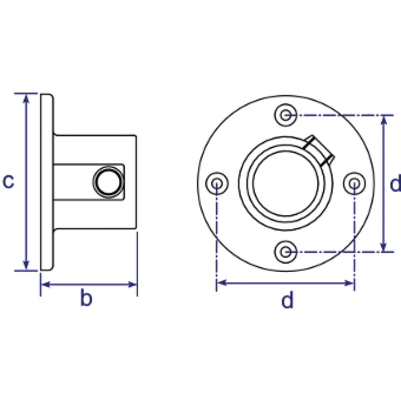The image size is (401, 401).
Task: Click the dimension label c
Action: point(8,181)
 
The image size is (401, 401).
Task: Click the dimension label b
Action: point(86,297)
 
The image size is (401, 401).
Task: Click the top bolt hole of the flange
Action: point(286,115)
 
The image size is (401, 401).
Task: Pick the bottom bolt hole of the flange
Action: point(286,252)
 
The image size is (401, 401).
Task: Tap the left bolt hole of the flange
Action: point(217,183)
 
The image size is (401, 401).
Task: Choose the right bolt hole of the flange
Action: point(354,183)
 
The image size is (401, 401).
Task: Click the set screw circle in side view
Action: point(108,182)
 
